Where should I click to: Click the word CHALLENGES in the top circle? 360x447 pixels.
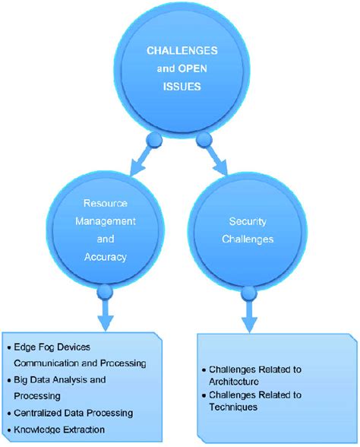tap(180, 49)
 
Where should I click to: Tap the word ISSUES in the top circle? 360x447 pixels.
tap(180, 86)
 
